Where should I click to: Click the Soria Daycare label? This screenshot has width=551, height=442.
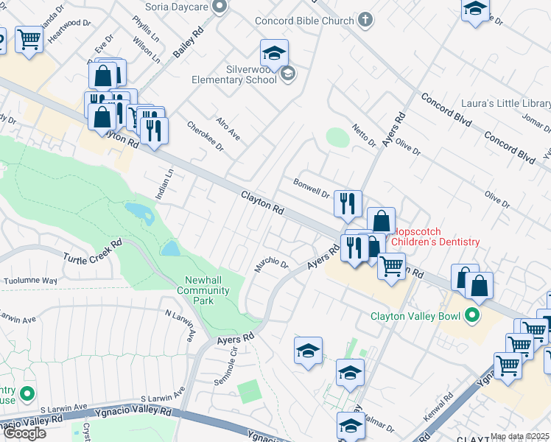click(x=176, y=7)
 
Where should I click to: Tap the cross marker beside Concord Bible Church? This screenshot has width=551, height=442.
click(x=366, y=20)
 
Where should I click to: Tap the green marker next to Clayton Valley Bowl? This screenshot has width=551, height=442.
click(x=471, y=316)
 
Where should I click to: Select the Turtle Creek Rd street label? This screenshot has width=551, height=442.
click(x=92, y=250)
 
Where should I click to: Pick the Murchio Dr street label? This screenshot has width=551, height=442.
click(x=270, y=264)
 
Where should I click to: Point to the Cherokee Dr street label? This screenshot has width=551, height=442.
click(x=205, y=136)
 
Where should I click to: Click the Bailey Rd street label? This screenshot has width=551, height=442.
click(x=188, y=43)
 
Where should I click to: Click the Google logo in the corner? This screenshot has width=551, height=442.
click(x=24, y=433)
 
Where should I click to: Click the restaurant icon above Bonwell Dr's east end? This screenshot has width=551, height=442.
click(x=348, y=203)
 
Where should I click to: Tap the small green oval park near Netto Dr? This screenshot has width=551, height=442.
click(x=337, y=137)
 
